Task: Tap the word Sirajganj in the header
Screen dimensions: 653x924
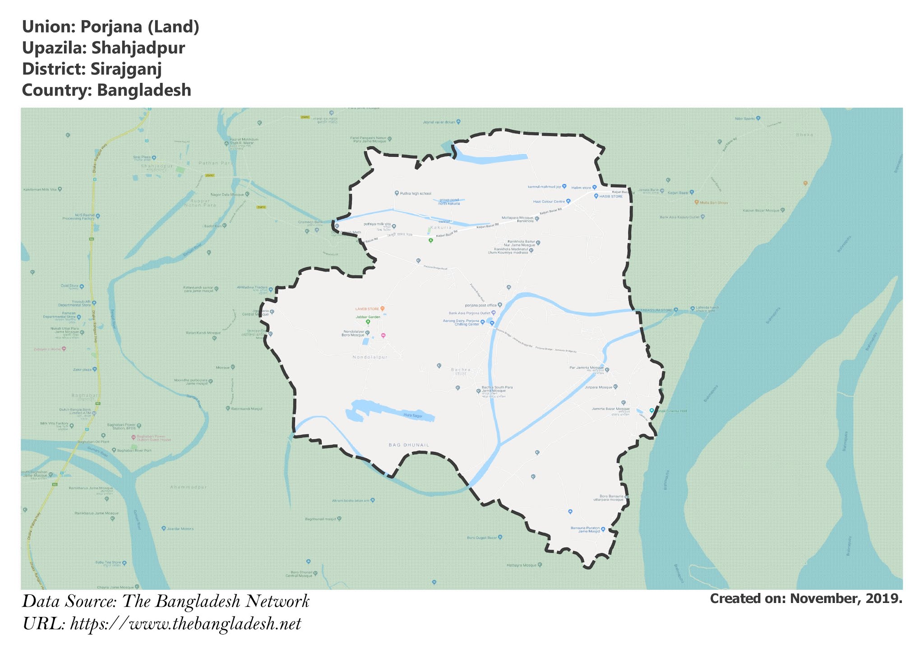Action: coord(126,69)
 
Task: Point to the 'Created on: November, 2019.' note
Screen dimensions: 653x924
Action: coord(806,599)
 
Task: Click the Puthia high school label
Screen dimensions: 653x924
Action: coord(416,193)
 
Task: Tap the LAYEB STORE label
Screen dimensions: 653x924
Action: coord(367,309)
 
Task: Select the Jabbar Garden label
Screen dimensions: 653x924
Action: coord(368,317)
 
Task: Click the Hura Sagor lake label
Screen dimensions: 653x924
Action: coord(413,415)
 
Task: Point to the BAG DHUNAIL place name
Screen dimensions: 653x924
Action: coord(409,445)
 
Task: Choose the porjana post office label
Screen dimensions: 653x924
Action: coord(480,305)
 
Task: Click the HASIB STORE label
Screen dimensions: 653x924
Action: coord(611,196)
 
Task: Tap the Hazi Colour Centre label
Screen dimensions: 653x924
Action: coord(549,202)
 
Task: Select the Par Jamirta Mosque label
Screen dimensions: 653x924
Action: coord(587,368)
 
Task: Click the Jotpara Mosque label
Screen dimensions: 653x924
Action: coord(599,387)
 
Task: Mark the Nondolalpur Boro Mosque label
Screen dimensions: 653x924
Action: coord(354,333)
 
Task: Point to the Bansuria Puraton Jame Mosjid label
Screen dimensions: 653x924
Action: coord(585,529)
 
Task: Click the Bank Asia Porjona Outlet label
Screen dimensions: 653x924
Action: coord(469,313)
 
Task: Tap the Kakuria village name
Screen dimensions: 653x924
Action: coord(441,228)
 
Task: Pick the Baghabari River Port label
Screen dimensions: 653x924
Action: coord(134,451)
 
